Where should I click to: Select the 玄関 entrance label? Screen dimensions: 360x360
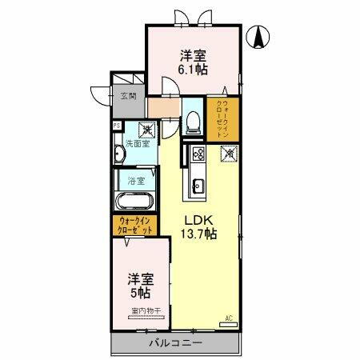[x=128, y=98]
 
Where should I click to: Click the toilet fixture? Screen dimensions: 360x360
[x=193, y=122]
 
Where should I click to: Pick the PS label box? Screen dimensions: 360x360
[x=117, y=126]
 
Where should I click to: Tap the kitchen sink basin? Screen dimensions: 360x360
[x=196, y=188]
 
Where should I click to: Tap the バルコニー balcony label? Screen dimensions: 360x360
[x=175, y=343]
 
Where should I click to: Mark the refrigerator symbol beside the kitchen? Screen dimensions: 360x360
[x=230, y=153]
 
